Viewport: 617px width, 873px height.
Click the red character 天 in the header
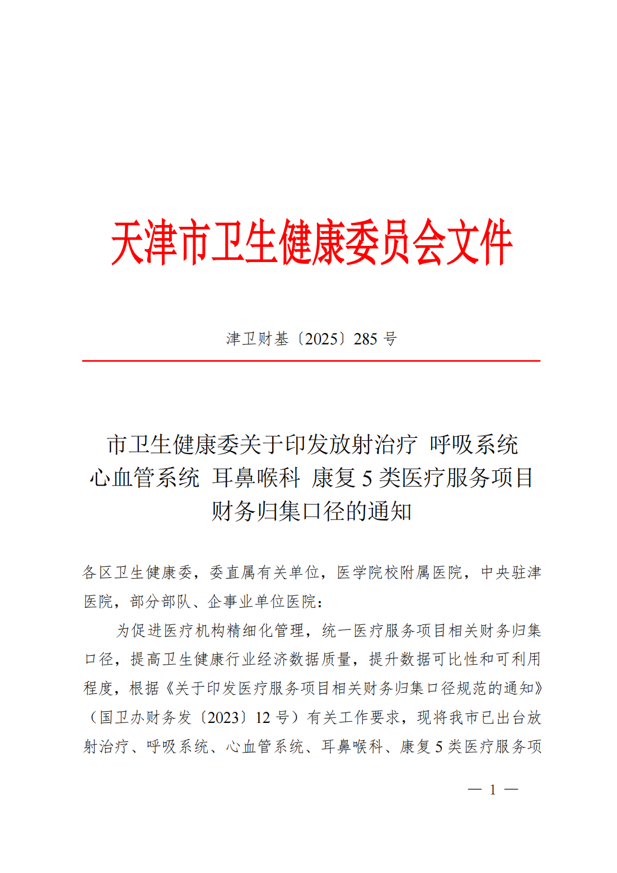[x=128, y=242]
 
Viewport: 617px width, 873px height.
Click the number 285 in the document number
[x=366, y=339]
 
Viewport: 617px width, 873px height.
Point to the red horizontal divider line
[x=311, y=361]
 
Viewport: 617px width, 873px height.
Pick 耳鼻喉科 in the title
[x=256, y=478]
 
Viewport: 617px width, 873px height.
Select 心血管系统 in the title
[x=144, y=478]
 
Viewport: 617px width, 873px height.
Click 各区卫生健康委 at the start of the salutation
[x=137, y=572]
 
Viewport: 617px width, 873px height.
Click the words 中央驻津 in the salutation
[x=511, y=572]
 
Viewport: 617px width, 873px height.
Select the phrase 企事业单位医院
[x=261, y=601]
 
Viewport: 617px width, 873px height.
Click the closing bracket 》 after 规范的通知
[x=537, y=689]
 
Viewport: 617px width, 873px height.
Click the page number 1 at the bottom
[x=493, y=790]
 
